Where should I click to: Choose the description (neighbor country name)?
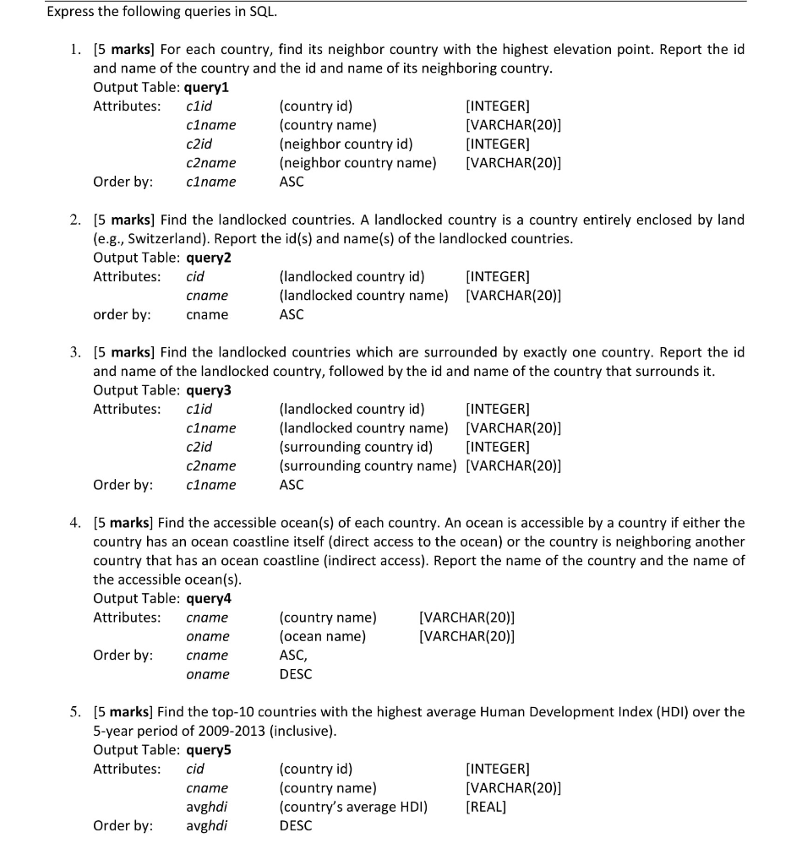(357, 162)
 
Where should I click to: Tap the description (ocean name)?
(322, 636)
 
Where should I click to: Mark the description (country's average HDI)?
(353, 807)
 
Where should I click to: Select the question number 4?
(75, 523)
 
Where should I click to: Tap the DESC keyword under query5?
(295, 825)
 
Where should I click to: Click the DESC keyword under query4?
(295, 674)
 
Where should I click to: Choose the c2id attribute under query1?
(199, 144)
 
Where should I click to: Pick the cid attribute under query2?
(195, 276)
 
